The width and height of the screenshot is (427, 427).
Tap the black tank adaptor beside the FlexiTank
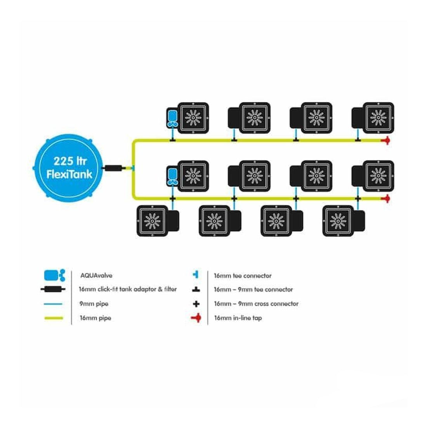[x=114, y=168]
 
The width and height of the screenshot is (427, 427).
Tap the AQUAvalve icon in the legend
[x=54, y=276]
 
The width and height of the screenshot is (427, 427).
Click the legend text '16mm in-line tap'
[x=238, y=318]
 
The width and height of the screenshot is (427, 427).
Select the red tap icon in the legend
[x=196, y=318]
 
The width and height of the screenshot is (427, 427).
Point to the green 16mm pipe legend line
[x=52, y=318]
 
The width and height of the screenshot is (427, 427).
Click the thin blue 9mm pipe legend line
[x=52, y=304]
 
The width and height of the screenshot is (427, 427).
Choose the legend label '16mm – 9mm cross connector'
[x=256, y=304]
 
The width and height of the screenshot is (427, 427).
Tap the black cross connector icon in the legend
[x=196, y=304]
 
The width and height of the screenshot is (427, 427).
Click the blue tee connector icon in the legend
[x=196, y=275]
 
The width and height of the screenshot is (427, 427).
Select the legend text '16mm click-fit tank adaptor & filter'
[x=128, y=290]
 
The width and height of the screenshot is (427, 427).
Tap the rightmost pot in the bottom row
[x=340, y=220]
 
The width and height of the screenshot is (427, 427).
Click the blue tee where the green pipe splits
[x=133, y=168]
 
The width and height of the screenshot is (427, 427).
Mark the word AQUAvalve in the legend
[x=95, y=276]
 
